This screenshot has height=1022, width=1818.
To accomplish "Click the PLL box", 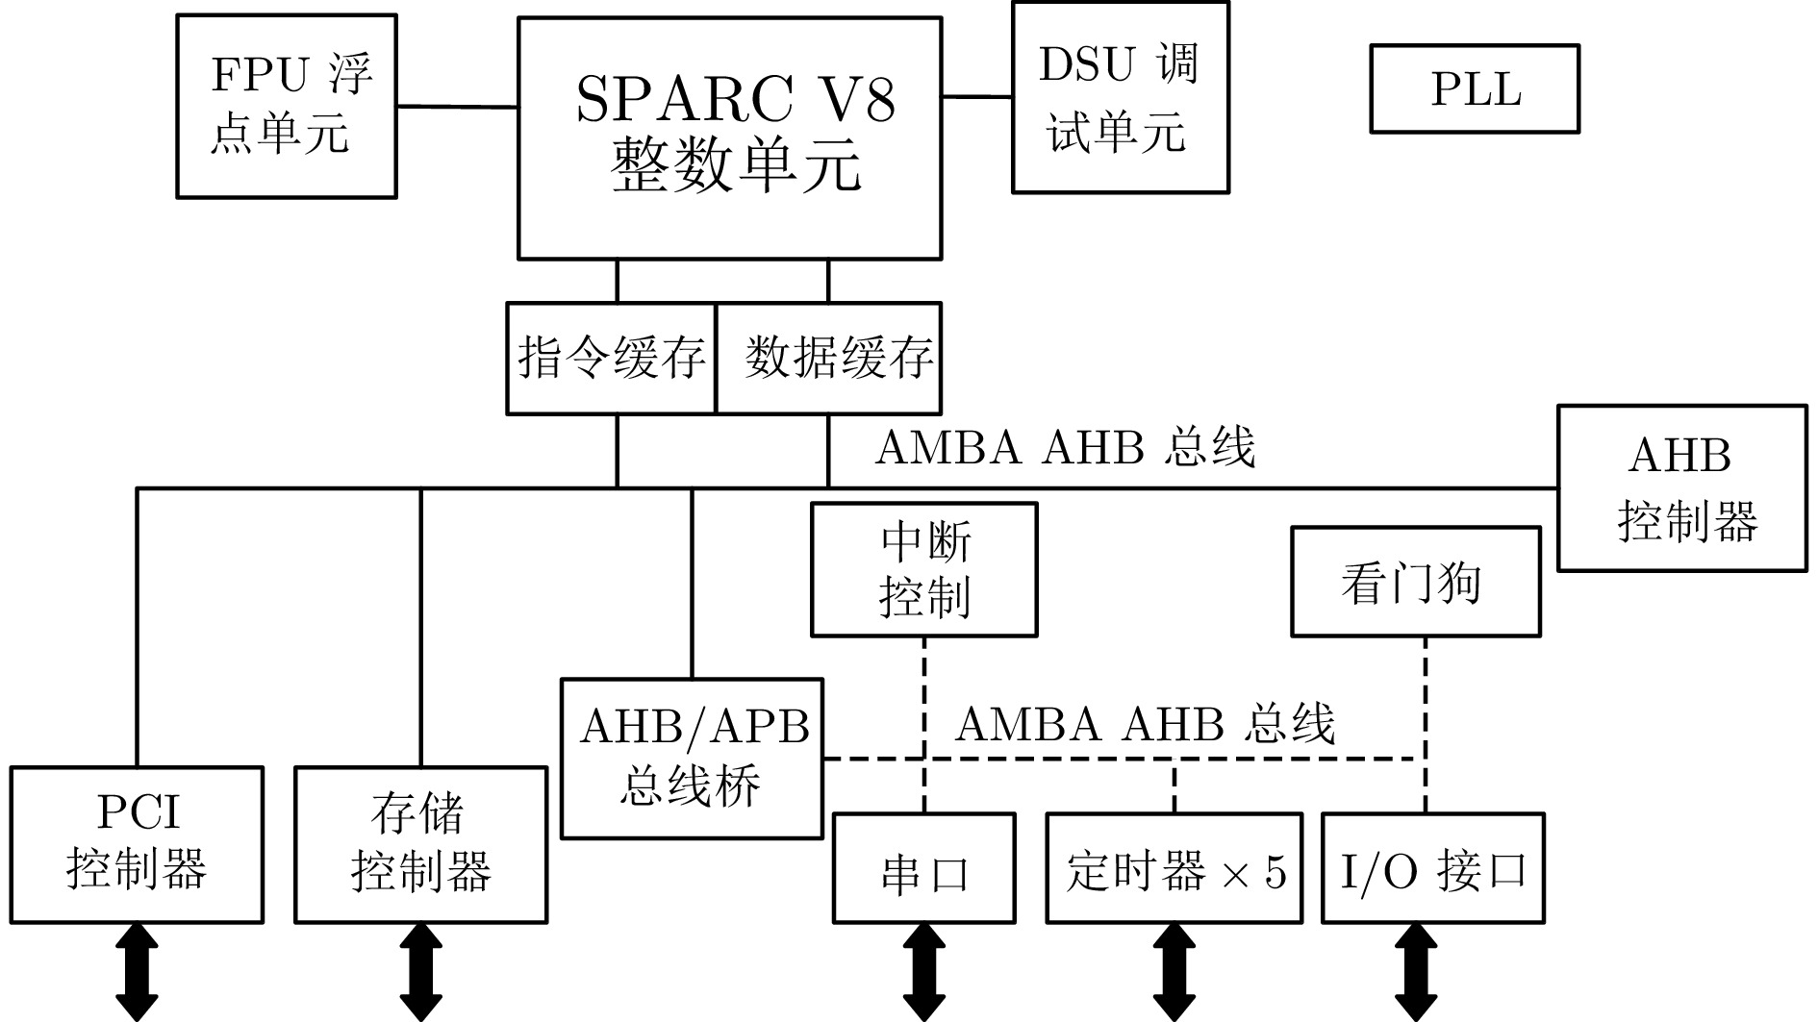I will [1475, 88].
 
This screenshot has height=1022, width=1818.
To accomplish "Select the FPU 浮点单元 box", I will [287, 106].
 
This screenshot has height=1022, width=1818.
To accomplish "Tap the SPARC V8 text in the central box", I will [735, 98].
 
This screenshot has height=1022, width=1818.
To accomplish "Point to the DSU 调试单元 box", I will [1121, 97].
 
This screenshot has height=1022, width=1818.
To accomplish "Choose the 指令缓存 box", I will [612, 359].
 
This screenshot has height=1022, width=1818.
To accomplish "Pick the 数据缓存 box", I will [829, 359].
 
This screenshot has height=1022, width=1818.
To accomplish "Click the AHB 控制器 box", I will [1682, 488].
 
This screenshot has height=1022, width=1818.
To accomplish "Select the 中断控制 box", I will [924, 569].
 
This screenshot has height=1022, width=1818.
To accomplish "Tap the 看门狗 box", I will [1415, 582].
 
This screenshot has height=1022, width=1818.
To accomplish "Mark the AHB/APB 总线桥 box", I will [693, 759].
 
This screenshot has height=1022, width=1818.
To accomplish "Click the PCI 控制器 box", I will [137, 845].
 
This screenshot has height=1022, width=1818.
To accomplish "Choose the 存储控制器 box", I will [420, 845].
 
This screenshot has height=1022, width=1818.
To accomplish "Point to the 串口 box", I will [923, 869].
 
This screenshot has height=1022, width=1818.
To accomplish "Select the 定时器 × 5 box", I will [1174, 869].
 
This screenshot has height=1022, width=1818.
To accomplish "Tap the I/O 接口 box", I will [1433, 869].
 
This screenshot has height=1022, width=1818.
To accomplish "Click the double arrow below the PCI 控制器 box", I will [137, 972].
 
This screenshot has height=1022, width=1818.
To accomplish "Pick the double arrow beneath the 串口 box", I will [923, 972].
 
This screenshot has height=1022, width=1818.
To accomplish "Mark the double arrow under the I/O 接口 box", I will [1415, 972].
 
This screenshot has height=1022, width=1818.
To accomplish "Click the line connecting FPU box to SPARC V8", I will [458, 106].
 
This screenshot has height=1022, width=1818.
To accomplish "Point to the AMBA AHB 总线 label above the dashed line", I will [1145, 723].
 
